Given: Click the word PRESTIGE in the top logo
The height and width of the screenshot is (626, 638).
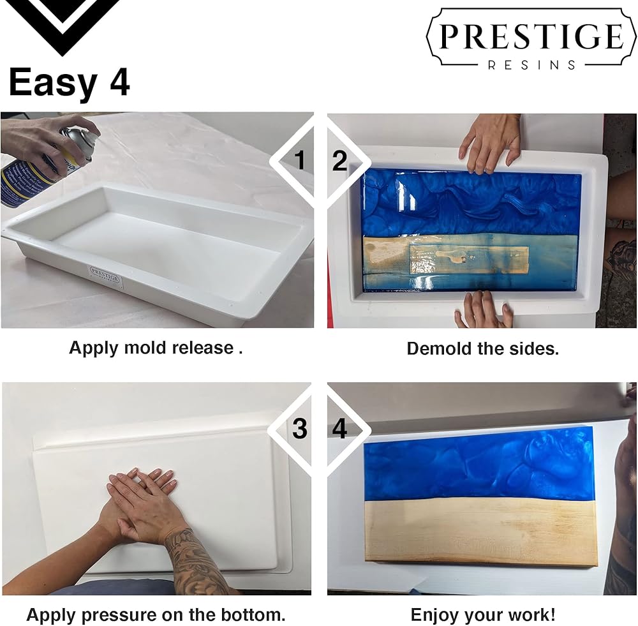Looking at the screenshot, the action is [x=531, y=36].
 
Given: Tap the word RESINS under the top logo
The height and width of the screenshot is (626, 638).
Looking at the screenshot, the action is [x=532, y=65].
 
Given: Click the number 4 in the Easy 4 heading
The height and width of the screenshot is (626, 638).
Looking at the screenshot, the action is [x=120, y=82].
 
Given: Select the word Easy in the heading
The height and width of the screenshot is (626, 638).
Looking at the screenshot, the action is [x=53, y=84].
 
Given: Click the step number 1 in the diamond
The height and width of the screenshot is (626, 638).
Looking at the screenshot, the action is [x=299, y=160].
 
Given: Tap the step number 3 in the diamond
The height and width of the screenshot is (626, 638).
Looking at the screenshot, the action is [x=299, y=428].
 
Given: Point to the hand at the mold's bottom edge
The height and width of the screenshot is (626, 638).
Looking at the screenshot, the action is [x=483, y=309].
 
